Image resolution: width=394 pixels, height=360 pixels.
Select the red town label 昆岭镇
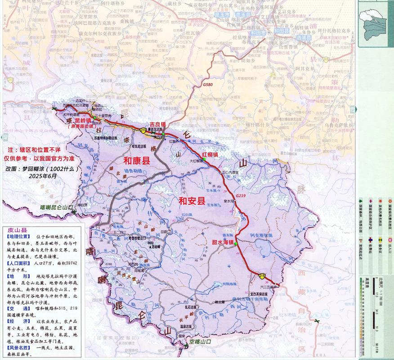[82, 121]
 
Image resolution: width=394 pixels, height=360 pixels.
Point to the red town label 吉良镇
[157, 124]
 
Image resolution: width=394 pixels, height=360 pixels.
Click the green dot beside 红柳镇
[204, 159]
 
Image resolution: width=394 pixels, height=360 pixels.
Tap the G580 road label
[208, 85]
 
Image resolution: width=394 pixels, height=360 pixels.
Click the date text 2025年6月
[43, 176]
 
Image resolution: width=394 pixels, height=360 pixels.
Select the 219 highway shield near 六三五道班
[261, 275]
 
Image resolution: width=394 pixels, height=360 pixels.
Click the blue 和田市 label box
[273, 31]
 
